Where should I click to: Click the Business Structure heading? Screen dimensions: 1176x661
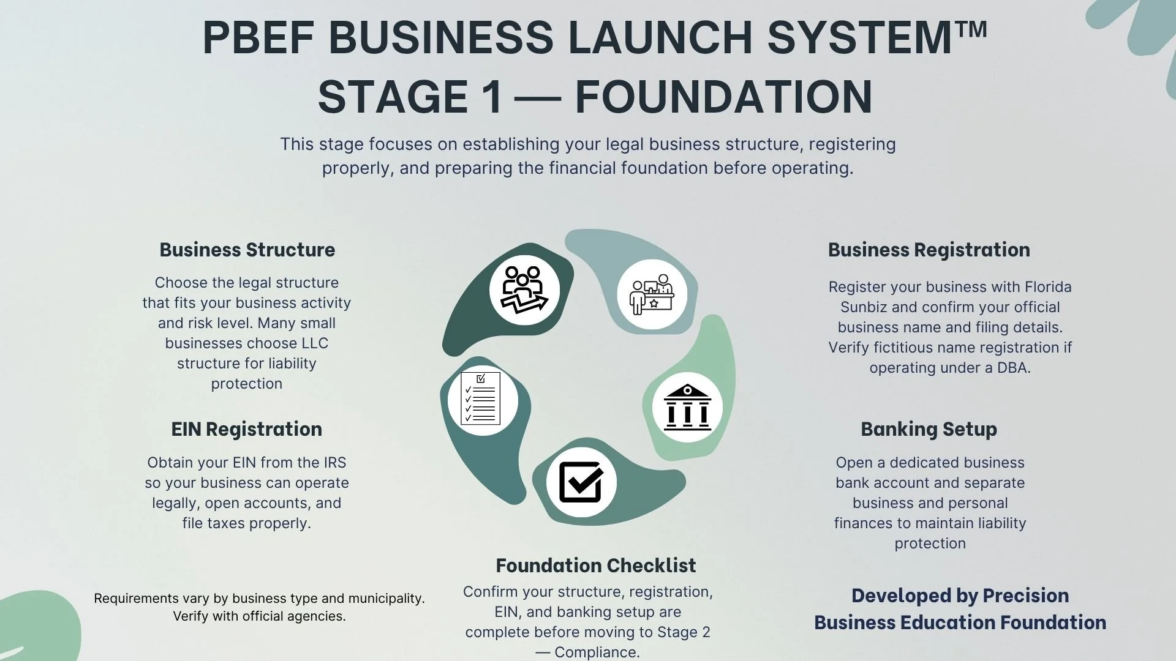(x=247, y=250)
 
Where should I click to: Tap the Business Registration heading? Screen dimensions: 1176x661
(x=929, y=250)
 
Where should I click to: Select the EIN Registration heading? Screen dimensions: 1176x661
(x=246, y=429)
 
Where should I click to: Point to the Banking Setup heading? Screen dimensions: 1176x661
(x=929, y=429)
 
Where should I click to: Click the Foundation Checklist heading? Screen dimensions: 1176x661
(x=595, y=566)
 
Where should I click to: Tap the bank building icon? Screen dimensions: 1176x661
(x=687, y=407)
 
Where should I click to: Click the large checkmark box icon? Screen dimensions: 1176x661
(x=581, y=482)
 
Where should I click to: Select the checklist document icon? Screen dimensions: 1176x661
(x=481, y=399)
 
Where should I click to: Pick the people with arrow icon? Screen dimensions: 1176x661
(x=524, y=289)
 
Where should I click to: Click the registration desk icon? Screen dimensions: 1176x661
(x=652, y=294)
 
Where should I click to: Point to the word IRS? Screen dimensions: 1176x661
(x=334, y=463)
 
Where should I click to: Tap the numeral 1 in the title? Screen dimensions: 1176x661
(x=491, y=97)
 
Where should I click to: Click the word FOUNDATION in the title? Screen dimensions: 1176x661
(x=723, y=97)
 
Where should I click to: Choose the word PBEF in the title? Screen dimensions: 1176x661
(x=258, y=38)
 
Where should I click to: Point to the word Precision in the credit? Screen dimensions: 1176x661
(x=1025, y=596)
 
